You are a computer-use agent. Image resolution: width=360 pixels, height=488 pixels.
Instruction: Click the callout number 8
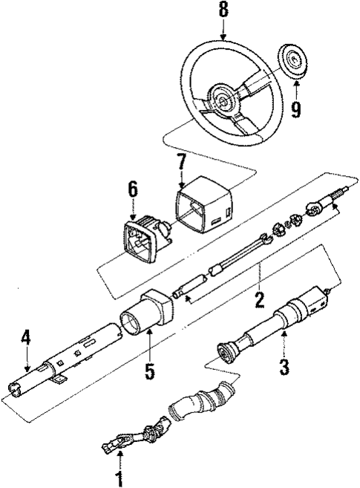[222, 10]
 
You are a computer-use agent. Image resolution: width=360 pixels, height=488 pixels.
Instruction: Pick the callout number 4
[26, 339]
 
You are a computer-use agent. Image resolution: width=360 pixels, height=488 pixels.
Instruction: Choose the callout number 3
[283, 365]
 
